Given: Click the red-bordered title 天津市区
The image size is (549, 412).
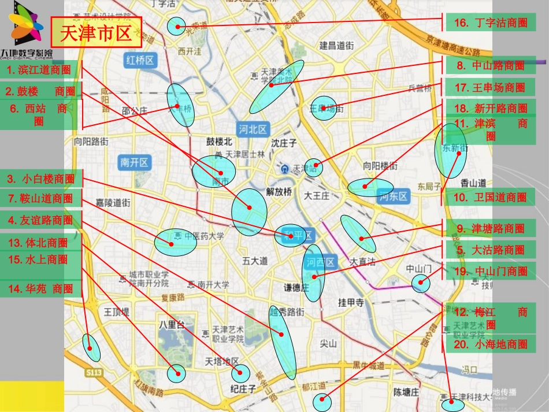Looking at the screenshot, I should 96,32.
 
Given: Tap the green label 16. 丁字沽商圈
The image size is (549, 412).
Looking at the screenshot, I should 491,23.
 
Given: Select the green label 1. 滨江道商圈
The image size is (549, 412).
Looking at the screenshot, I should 39,70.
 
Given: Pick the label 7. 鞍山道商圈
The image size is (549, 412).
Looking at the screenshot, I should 40,199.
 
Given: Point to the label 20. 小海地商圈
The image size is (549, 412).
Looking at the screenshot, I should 491,344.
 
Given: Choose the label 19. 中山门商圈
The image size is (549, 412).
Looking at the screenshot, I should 491,271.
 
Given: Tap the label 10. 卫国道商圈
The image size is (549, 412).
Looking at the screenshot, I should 491,197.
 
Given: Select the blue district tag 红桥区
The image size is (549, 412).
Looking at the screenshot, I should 140,60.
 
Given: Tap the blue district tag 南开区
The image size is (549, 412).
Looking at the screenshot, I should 135,162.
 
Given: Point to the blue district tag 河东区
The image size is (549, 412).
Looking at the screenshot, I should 394,197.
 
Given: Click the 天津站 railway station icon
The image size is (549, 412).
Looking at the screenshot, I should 285,169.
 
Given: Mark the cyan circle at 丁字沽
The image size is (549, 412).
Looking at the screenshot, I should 175,26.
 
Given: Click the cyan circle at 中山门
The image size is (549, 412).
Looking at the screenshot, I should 421,283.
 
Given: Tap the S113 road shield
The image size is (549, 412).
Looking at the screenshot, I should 93,373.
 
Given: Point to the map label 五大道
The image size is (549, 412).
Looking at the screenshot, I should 255,261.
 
